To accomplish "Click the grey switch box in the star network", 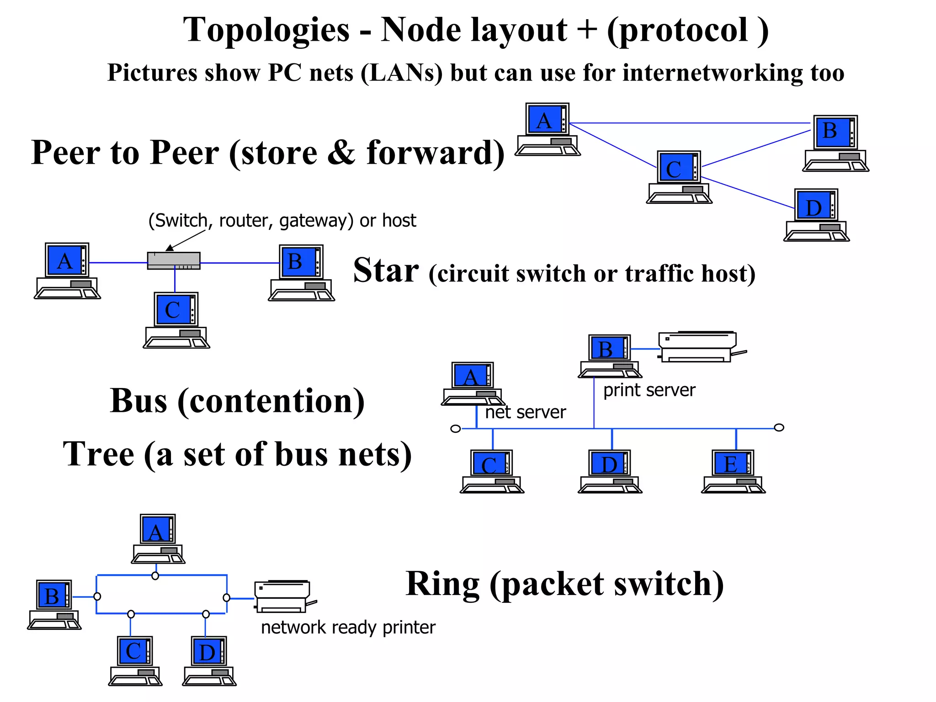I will click(174, 261).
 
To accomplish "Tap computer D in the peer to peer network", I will click(817, 215).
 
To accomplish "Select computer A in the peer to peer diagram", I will click(548, 129).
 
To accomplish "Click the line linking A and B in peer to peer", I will click(690, 123).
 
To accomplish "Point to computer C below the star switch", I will click(176, 320).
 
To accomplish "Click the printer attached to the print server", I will click(698, 347).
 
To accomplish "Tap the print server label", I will click(649, 390).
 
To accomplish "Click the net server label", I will click(525, 412).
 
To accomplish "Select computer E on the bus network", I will click(733, 471).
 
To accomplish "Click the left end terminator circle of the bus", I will click(456, 429).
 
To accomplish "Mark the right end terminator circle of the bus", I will click(779, 427).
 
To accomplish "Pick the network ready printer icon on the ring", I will click(283, 596).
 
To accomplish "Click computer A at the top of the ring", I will click(158, 539).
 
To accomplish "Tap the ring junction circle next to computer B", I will click(97, 596).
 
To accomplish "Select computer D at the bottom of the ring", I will click(209, 660).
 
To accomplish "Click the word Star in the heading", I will click(386, 271).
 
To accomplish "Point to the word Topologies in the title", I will click(266, 30).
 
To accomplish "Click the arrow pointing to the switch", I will click(185, 240).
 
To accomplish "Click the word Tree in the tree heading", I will click(98, 454).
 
